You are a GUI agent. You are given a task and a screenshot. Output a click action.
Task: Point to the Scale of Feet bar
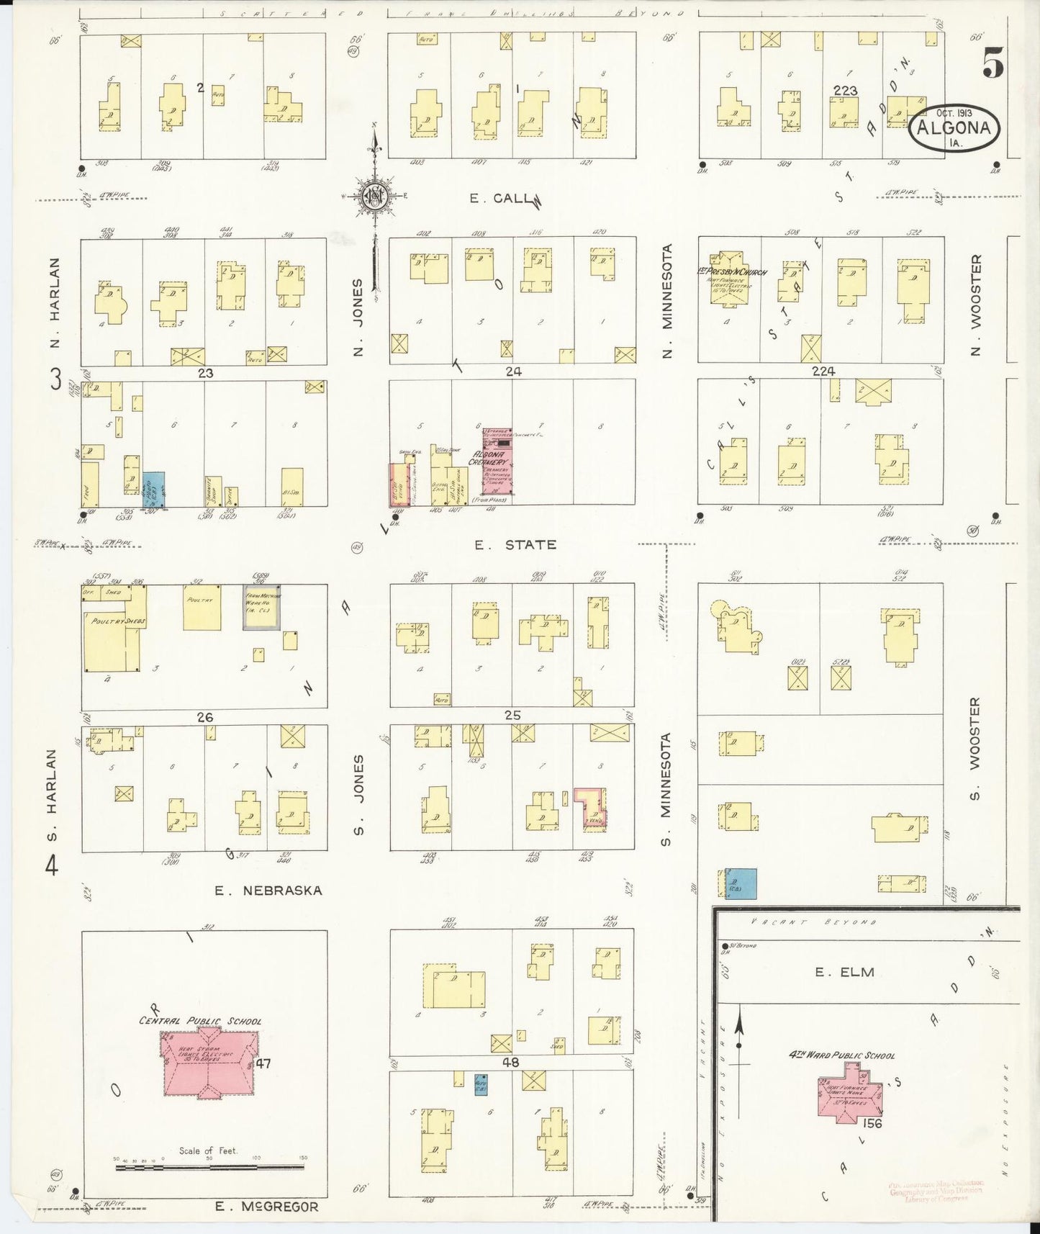[209, 1164]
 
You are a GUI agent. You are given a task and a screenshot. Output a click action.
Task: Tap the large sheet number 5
[992, 66]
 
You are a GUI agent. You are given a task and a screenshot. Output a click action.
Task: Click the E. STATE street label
[515, 545]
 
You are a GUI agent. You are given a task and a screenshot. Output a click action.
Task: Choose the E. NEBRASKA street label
[268, 891]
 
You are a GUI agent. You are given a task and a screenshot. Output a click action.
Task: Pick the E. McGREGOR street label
[266, 1206]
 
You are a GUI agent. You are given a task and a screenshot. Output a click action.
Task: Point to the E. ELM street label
[844, 972]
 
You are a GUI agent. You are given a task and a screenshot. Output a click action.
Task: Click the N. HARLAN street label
[54, 302]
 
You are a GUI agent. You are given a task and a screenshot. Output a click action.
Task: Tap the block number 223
[845, 90]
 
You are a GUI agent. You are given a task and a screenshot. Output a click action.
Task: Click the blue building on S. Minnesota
[741, 883]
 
